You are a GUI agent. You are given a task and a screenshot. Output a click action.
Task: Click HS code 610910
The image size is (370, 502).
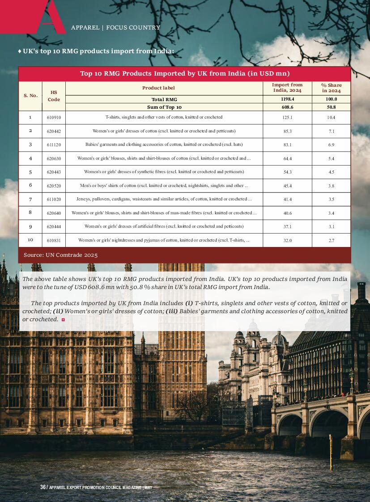[54, 117]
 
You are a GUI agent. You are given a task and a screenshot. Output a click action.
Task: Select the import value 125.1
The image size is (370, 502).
[287, 117]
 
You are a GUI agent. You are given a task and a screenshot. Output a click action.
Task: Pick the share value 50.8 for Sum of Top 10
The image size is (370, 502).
[331, 107]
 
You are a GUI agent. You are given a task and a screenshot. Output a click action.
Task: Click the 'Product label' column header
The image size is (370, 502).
[158, 88]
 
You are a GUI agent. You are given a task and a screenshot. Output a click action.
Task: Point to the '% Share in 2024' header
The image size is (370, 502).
[331, 88]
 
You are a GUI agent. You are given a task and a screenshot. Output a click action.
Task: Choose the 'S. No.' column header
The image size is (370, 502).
[30, 95]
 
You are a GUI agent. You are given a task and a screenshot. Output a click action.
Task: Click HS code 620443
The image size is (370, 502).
[54, 172]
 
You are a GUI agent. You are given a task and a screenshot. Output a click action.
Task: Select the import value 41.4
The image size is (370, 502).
[287, 199]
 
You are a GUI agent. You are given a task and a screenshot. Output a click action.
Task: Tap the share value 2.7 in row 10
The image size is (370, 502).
[331, 240]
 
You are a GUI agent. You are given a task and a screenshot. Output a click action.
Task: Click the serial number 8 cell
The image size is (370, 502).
[30, 213]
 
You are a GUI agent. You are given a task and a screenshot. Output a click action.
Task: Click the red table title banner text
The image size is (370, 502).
[184, 73]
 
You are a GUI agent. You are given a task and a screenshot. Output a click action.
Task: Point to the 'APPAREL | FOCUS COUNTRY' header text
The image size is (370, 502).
[115, 28]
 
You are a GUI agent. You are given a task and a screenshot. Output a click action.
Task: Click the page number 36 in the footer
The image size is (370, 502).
[43, 487]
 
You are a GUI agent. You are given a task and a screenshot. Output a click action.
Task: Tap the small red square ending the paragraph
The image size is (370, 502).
[63, 319]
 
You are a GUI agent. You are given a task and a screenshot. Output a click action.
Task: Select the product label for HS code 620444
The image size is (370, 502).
[164, 226]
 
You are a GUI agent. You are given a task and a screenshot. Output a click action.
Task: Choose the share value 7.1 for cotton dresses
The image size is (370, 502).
[331, 131]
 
